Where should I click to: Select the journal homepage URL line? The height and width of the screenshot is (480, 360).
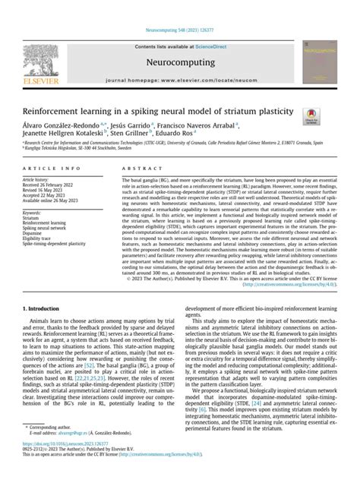coord(179,79)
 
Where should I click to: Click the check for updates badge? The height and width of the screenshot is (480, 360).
coord(311,115)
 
